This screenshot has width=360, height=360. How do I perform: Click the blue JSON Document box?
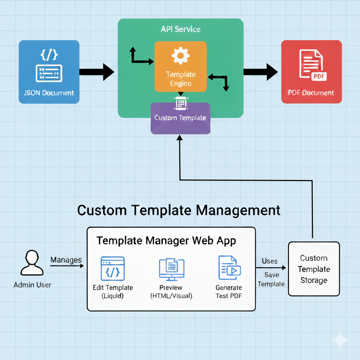click(x=49, y=72)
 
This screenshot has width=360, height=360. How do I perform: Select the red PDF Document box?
click(x=311, y=72)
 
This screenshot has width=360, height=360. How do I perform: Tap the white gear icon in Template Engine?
click(x=181, y=55)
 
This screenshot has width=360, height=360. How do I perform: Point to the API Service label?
click(x=180, y=29)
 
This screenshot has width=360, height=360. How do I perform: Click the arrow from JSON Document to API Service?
click(x=97, y=72)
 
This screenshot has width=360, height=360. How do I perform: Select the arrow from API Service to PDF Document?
click(x=261, y=72)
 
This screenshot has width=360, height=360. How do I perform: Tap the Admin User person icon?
click(x=32, y=263)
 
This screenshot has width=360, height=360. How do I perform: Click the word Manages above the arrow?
click(x=66, y=260)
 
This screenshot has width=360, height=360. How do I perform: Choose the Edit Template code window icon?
click(x=112, y=268)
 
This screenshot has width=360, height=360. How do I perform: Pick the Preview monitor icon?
click(x=172, y=269)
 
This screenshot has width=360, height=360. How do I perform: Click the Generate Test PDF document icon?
click(x=229, y=268)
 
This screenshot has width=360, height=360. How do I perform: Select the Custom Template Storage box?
click(x=314, y=269)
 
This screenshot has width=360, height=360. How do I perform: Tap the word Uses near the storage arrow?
click(x=270, y=261)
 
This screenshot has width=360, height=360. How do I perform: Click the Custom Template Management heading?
click(x=179, y=210)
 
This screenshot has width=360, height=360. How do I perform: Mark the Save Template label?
click(x=271, y=279)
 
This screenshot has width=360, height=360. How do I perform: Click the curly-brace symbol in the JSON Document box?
click(x=49, y=55)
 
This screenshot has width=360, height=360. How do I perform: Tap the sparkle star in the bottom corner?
click(x=340, y=340)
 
